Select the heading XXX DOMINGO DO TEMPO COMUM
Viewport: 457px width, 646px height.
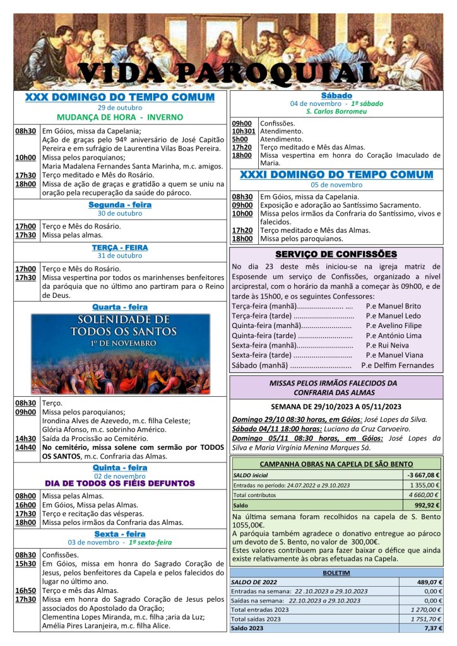[x=120, y=97]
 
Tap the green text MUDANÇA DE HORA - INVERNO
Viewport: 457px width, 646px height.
[x=120, y=117]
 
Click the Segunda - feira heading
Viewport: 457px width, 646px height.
[x=120, y=205]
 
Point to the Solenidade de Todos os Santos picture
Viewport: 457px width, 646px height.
[x=120, y=353]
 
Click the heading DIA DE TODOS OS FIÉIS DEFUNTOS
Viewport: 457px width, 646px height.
[x=120, y=483]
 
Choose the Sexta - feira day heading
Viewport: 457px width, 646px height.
[x=120, y=534]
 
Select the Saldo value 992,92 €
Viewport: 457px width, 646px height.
[x=427, y=505]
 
